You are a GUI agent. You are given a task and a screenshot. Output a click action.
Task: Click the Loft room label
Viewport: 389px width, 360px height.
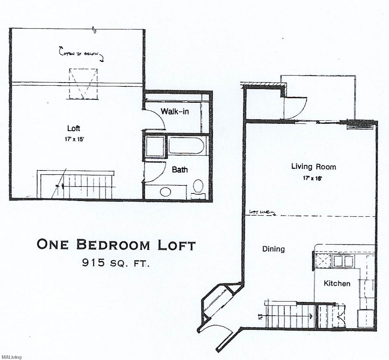click(x=74, y=128)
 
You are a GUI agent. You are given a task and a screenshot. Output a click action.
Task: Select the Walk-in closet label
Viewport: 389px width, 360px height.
click(x=175, y=112)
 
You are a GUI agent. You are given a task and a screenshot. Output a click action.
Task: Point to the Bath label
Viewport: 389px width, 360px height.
click(x=180, y=170)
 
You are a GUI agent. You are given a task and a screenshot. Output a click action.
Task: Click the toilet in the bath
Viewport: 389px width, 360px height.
click(x=198, y=187)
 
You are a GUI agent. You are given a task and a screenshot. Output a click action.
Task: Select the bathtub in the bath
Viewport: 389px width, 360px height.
click(x=186, y=146)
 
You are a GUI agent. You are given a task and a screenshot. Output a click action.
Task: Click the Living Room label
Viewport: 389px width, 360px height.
click(x=314, y=167)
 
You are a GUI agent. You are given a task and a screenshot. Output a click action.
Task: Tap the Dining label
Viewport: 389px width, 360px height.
click(x=273, y=249)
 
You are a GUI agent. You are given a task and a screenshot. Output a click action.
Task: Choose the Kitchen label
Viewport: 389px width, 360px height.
click(x=337, y=283)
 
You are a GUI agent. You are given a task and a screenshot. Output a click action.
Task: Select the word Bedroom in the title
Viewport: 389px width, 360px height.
click(x=113, y=245)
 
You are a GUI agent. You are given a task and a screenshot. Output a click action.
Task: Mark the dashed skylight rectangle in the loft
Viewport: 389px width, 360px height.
click(x=82, y=84)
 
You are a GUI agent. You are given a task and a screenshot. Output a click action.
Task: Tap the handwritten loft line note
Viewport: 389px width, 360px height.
click(x=262, y=212)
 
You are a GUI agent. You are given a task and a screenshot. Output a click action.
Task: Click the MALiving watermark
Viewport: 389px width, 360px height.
click(x=11, y=357)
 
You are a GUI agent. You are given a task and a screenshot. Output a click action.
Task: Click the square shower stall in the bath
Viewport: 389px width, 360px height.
click(x=155, y=147)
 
